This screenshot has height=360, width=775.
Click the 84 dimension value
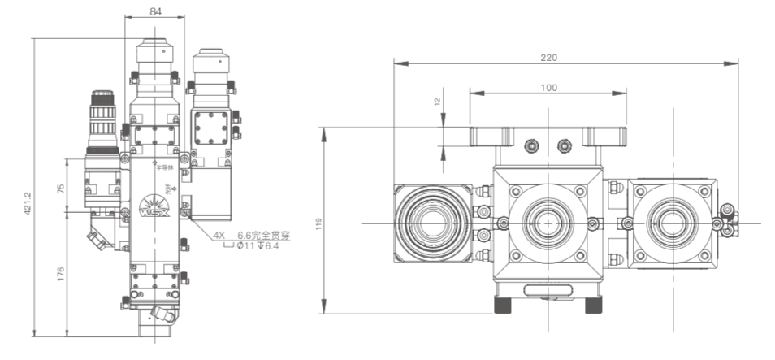pyautogui.click(x=154, y=11)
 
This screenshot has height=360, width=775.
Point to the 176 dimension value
pyautogui.click(x=58, y=274)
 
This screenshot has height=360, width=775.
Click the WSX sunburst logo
pyautogui.click(x=154, y=209)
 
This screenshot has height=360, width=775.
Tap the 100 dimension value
pyautogui.click(x=548, y=88)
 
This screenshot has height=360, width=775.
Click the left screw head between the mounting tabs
pyautogui.click(x=533, y=145)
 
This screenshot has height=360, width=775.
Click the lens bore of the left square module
pyautogui.click(x=431, y=223)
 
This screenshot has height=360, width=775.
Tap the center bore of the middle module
pyautogui.click(x=548, y=223)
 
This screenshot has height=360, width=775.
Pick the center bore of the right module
pyautogui.click(x=671, y=223)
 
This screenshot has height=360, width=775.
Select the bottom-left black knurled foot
pyautogui.click(x=503, y=305)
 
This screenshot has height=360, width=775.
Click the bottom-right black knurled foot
pyautogui.click(x=595, y=305)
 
